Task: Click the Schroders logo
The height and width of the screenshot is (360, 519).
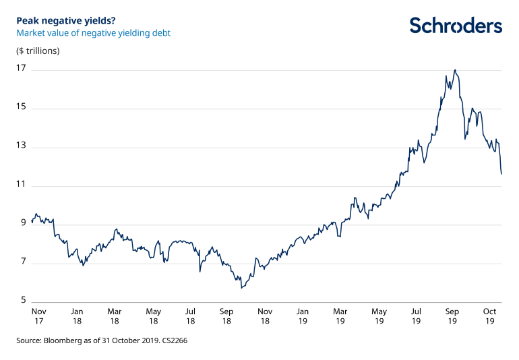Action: pyautogui.click(x=456, y=26)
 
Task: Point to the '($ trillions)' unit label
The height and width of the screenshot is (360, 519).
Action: pyautogui.click(x=38, y=51)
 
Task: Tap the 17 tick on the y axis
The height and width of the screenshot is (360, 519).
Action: pyautogui.click(x=21, y=69)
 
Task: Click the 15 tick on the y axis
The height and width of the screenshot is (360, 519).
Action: pyautogui.click(x=21, y=108)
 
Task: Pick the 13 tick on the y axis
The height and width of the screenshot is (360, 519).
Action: pyautogui.click(x=21, y=146)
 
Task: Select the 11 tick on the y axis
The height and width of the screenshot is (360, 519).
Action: pyautogui.click(x=21, y=185)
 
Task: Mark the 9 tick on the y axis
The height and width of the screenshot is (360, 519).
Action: pyautogui.click(x=23, y=224)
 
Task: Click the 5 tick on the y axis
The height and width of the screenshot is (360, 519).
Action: pyautogui.click(x=23, y=302)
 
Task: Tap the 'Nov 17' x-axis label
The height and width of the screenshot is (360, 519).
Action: pyautogui.click(x=39, y=316)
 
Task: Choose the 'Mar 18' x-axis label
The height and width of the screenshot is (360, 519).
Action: pyautogui.click(x=115, y=316)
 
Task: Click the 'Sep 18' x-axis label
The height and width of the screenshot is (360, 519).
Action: pyautogui.click(x=227, y=316)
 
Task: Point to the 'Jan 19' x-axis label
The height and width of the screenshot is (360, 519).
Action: pyautogui.click(x=303, y=316)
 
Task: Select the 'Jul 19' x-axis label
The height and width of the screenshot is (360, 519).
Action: pyautogui.click(x=416, y=316)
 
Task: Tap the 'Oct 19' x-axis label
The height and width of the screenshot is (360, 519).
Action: pyautogui.click(x=489, y=316)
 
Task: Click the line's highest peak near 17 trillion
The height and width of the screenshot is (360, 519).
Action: pyautogui.click(x=456, y=69)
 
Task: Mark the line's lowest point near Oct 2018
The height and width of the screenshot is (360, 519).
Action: pyautogui.click(x=241, y=289)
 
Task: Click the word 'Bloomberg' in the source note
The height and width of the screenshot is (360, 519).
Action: pyautogui.click(x=61, y=341)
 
